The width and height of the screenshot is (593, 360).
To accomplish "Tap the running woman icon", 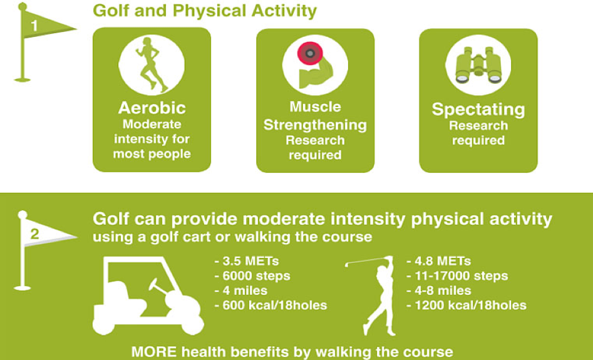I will pyautogui.click(x=152, y=64).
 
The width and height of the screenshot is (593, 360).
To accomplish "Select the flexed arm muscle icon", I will pyautogui.click(x=313, y=72).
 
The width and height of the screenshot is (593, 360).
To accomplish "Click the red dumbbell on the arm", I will pyautogui.click(x=309, y=54).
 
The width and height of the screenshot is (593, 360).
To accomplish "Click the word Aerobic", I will pyautogui.click(x=152, y=108).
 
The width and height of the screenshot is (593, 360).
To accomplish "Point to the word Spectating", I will pyautogui.click(x=478, y=110).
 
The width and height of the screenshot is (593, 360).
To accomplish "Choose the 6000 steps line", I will pyautogui.click(x=252, y=276).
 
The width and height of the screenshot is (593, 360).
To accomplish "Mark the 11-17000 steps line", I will pyautogui.click(x=457, y=276).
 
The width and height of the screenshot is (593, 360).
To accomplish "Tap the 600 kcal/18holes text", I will pyautogui.click(x=271, y=306).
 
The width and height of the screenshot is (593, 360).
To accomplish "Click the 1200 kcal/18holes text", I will pyautogui.click(x=467, y=306).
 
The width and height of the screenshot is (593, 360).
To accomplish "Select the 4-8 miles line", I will pyautogui.click(x=439, y=291).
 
